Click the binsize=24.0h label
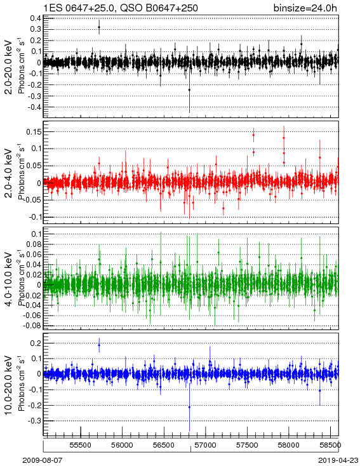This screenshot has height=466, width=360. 305,8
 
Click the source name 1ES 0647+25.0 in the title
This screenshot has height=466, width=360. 78,8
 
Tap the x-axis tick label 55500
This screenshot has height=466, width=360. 80,445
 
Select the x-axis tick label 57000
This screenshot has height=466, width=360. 206,445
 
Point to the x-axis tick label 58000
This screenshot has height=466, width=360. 289,445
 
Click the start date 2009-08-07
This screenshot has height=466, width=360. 42,460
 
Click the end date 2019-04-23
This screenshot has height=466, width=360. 338,460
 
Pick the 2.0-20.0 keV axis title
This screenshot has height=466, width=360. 9,67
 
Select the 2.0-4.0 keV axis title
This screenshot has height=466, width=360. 9,173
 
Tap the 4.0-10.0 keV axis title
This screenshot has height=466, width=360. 9,279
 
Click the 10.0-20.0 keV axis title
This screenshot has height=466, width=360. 9,385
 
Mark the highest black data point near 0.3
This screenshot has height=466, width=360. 99,27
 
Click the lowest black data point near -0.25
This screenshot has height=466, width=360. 189,90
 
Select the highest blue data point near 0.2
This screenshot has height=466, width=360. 99,345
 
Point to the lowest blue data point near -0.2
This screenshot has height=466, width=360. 189,407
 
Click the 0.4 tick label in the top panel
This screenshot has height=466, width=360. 36,18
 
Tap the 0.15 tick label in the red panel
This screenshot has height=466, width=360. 34,131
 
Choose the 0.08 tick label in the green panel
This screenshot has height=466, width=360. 34,244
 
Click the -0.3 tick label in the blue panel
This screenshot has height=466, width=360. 34,421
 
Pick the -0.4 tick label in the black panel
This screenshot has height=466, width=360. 34,107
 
